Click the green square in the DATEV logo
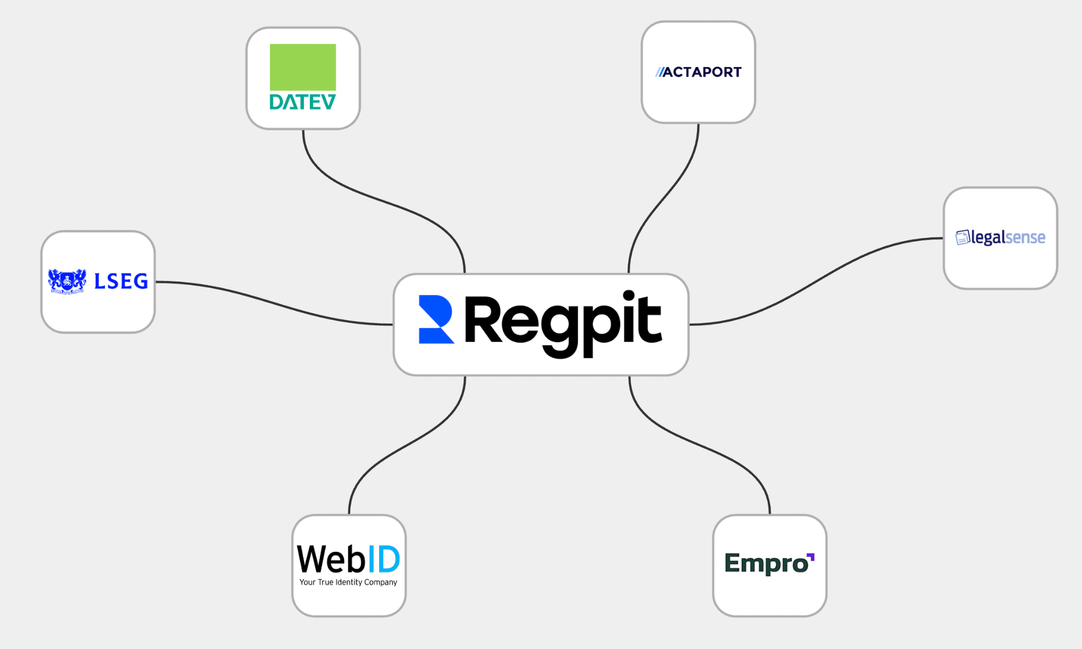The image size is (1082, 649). (302, 67)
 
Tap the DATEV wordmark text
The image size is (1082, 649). (302, 102)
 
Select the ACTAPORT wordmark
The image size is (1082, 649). (702, 72)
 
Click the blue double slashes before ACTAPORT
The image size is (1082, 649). (659, 72)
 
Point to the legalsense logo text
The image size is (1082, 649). (1008, 237)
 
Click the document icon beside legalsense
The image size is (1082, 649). (962, 237)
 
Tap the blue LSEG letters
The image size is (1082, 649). (121, 281)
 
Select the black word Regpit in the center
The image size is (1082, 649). (563, 322)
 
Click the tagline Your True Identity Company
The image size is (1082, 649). (348, 582)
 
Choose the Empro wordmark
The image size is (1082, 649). (766, 564)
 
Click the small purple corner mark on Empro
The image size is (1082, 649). (810, 557)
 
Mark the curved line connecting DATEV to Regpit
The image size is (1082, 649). (379, 200)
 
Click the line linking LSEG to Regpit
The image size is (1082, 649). (270, 301)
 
